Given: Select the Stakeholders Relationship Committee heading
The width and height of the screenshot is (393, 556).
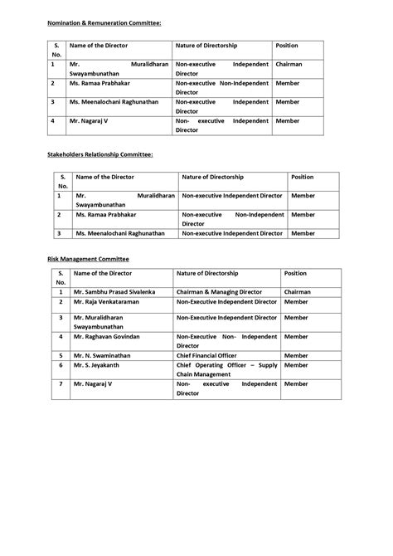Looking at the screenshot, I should tap(99, 154).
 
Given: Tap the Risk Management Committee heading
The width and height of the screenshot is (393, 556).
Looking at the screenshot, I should tap(87, 259).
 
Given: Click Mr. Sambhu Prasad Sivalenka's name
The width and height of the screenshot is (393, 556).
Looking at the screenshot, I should tap(114, 292).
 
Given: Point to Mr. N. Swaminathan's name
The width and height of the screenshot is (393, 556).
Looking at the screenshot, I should tap(104, 354).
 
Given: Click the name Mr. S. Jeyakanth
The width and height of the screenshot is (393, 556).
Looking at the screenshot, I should tap(99, 364).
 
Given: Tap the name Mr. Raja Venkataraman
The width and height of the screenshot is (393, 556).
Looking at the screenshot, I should tap(107, 304).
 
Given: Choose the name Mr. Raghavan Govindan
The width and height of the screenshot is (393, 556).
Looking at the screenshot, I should tap(107, 337).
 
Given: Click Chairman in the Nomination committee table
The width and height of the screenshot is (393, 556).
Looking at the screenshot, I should tap(289, 63).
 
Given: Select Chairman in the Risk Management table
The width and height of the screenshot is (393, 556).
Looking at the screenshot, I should tap(298, 292).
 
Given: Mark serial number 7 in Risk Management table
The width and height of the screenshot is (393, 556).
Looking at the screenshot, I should tap(61, 384).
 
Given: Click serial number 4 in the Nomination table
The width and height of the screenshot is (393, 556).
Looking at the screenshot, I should tap(52, 120).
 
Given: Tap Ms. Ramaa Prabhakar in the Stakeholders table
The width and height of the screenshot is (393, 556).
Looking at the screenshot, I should tap(109, 214).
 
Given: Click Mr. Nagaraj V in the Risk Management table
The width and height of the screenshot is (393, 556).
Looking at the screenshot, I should tap(93, 384).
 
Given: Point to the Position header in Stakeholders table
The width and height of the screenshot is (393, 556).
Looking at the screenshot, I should tap(302, 177).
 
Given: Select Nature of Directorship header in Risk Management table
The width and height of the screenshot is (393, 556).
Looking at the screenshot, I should tap(207, 272).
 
